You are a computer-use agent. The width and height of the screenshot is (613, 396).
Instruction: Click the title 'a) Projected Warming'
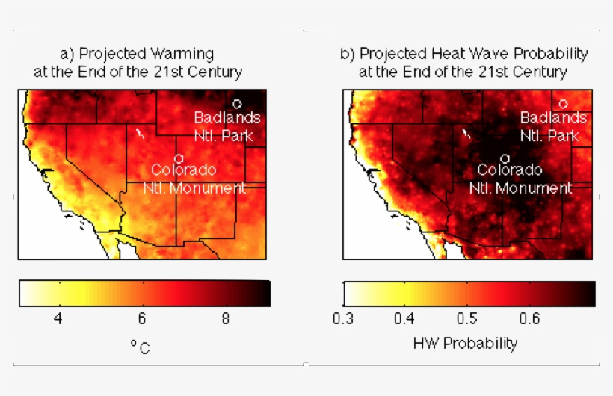[x=137, y=54]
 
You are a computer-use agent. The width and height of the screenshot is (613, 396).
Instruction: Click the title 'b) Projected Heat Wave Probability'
[x=463, y=54]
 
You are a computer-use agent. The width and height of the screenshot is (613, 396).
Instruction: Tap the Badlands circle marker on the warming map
[x=237, y=104]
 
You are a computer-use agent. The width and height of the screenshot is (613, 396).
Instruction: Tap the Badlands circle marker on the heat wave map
[x=563, y=104]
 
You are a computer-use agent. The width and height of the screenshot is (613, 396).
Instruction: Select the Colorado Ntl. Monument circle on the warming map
[x=179, y=158]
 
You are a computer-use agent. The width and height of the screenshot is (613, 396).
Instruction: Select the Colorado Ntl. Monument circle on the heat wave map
[x=505, y=158]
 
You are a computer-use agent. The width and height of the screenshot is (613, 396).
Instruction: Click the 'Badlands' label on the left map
[x=227, y=117]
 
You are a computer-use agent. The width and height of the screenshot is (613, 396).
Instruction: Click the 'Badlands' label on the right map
[x=553, y=117]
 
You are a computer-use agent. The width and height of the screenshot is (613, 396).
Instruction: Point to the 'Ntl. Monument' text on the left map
[x=194, y=188]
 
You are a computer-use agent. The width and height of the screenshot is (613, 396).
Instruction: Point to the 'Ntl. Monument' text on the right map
[x=520, y=188]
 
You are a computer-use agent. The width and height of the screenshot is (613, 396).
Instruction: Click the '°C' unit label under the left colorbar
[x=140, y=347]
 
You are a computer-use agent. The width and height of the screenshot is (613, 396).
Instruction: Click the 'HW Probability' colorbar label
[x=465, y=344]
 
